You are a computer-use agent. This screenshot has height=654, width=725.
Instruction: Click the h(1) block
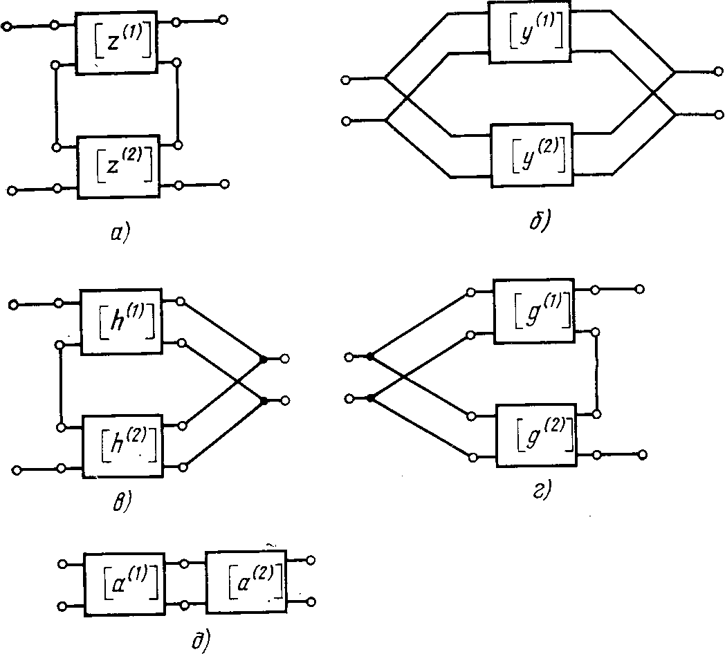point(121,321)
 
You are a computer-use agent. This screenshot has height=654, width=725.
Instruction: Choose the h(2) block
point(122,446)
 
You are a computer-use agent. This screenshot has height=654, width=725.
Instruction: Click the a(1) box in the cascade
point(123,583)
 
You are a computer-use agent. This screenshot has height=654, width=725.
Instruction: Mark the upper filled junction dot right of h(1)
point(264,359)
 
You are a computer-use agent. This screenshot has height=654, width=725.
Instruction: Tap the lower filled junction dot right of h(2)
point(264,400)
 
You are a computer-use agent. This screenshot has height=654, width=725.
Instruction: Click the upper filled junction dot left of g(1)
point(370,357)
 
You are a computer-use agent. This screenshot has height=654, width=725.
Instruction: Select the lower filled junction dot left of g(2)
point(370,398)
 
